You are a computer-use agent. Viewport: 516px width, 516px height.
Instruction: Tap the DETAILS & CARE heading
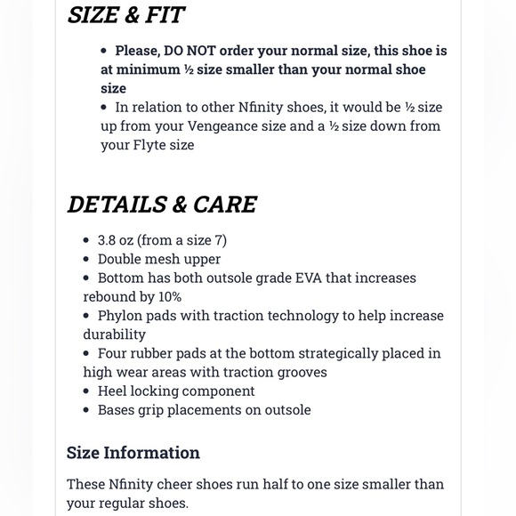tap(162, 204)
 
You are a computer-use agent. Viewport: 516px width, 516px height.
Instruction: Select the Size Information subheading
tap(133, 453)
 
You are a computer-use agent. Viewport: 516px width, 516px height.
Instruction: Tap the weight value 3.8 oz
tap(117, 240)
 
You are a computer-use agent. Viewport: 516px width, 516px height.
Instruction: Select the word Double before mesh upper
tap(123, 259)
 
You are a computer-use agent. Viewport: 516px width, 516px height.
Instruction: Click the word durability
tap(114, 334)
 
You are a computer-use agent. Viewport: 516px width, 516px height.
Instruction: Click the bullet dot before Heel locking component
tap(87, 391)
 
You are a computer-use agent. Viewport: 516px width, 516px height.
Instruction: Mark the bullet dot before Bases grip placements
tap(87, 410)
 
